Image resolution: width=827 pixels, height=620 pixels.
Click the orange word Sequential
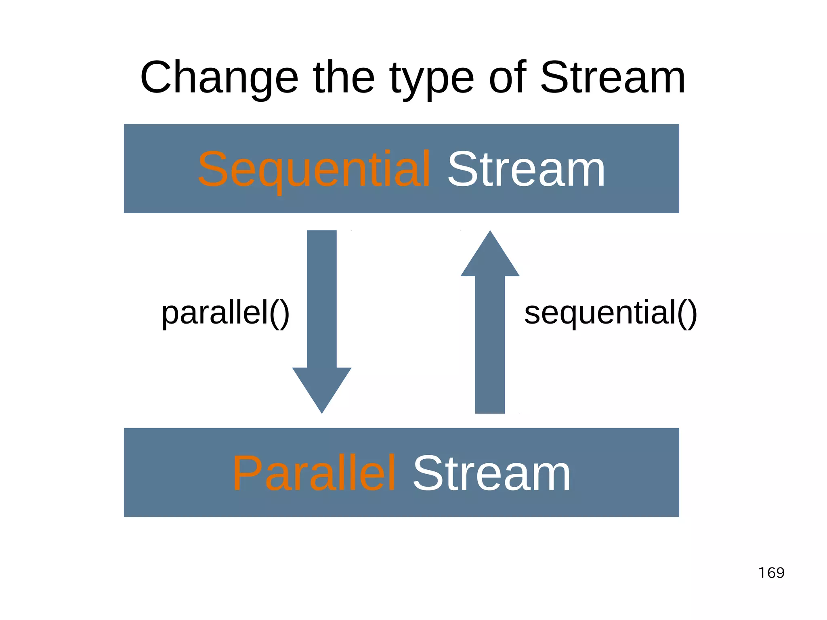pyautogui.click(x=314, y=170)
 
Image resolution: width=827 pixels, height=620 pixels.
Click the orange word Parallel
pyautogui.click(x=314, y=473)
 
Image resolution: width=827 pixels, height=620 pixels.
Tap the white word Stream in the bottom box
pyautogui.click(x=491, y=473)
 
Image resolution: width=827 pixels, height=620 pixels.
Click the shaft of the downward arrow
pyautogui.click(x=322, y=299)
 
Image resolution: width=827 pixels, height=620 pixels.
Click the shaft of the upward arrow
pyautogui.click(x=490, y=343)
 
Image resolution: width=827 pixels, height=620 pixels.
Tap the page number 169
pyautogui.click(x=771, y=573)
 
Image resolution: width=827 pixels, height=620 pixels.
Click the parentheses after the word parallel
pyautogui.click(x=279, y=314)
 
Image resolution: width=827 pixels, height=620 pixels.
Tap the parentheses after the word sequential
pyautogui.click(x=687, y=314)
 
